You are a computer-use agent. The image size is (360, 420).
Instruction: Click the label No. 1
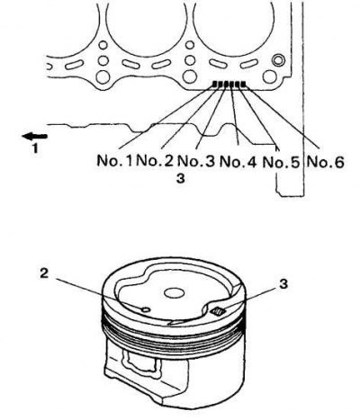click(114, 161)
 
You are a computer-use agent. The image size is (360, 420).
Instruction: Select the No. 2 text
click(155, 161)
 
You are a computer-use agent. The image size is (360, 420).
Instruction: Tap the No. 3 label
click(196, 161)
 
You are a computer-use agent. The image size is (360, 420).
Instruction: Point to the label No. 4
click(238, 162)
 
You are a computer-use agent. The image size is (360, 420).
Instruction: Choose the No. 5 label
click(281, 163)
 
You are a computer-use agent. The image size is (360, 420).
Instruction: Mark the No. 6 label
click(325, 162)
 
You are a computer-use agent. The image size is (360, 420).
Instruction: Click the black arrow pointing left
click(34, 137)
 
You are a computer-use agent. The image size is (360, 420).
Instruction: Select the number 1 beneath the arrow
click(35, 148)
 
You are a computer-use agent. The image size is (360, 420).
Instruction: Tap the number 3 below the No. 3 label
click(180, 179)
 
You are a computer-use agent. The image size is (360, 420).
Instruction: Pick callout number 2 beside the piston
click(44, 273)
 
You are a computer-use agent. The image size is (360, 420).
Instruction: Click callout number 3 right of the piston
click(283, 283)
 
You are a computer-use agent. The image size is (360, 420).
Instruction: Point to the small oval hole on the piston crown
click(146, 309)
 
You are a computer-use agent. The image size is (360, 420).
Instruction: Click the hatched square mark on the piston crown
click(218, 312)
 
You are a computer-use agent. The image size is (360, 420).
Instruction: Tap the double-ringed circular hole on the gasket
click(278, 59)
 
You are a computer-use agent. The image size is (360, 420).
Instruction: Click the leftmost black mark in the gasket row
click(215, 85)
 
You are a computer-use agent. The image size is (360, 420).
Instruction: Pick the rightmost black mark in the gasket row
click(243, 84)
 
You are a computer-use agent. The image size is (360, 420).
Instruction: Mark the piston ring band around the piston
click(174, 335)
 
